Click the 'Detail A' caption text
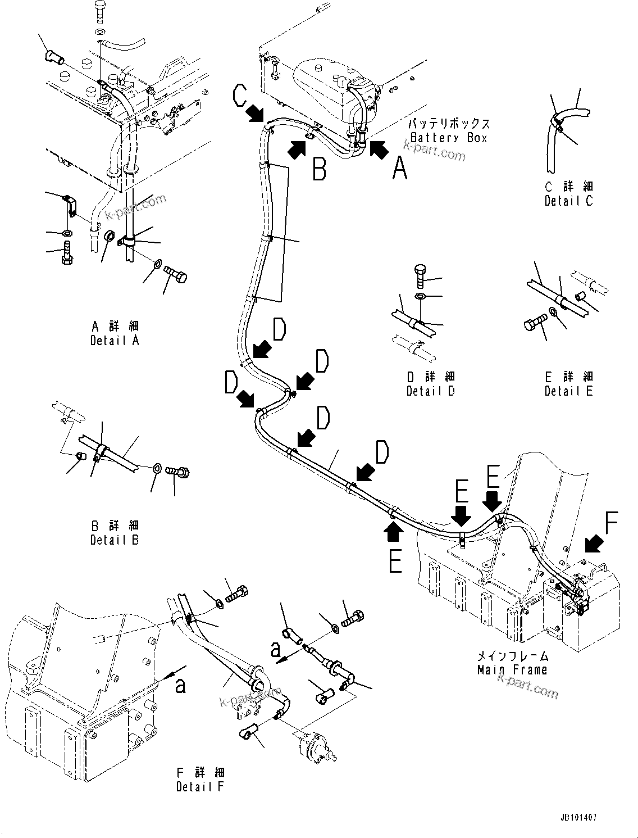(x=115, y=341)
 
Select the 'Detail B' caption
(x=115, y=540)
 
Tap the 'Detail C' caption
(x=568, y=201)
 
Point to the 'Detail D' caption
(x=431, y=391)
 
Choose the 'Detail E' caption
(x=568, y=391)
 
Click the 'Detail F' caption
(x=200, y=787)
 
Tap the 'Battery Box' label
(x=449, y=138)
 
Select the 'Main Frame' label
(x=512, y=669)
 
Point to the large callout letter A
(x=399, y=168)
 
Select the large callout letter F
(x=611, y=523)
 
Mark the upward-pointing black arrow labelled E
(x=392, y=530)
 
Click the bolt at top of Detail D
(x=421, y=274)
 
